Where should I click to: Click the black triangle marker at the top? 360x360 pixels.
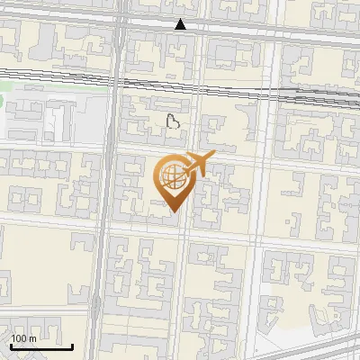181,24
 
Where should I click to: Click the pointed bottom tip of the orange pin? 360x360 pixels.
173,212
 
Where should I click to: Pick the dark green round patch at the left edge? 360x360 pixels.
2,100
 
